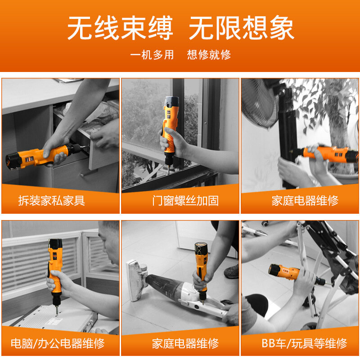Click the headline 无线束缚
[120, 28]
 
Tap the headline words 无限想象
[241, 28]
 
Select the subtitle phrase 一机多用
[152, 54]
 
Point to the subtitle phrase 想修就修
[209, 54]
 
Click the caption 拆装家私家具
[52, 200]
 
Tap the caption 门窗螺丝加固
[185, 200]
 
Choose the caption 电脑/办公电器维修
[58, 343]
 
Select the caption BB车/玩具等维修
[305, 343]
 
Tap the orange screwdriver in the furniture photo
[44, 156]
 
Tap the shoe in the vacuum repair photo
[231, 272]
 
